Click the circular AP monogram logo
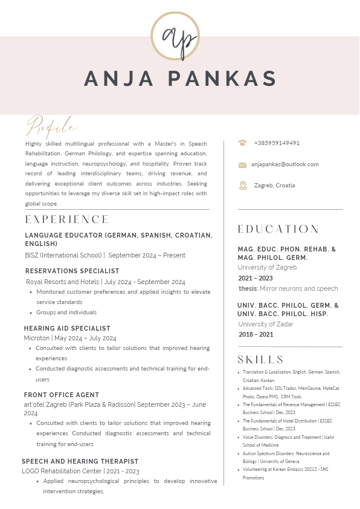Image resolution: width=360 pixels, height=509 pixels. [175, 36]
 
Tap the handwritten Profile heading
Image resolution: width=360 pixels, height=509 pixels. [51, 127]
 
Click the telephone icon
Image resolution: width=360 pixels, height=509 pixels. [243, 143]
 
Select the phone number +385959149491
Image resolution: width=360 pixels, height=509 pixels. [277, 143]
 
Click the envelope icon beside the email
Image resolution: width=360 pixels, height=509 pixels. [243, 164]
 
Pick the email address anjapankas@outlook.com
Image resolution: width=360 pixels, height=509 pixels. [284, 164]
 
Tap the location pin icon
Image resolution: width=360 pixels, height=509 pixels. [243, 186]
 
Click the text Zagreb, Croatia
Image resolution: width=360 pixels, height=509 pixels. [274, 186]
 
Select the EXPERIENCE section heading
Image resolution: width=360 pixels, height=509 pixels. [67, 219]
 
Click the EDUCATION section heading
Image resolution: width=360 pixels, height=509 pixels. [278, 229]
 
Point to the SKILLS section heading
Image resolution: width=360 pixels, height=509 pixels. [261, 360]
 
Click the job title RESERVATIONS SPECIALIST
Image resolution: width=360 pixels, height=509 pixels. [72, 271]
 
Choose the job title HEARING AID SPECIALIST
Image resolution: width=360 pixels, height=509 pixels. [67, 329]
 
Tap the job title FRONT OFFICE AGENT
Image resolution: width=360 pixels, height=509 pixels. [62, 395]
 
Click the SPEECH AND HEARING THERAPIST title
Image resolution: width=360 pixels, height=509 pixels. [80, 462]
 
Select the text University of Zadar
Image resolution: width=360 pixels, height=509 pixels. [266, 325]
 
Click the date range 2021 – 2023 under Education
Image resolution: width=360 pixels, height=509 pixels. [256, 279]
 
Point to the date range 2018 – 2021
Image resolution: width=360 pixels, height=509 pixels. [256, 335]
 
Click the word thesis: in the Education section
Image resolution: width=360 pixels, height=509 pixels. [248, 289]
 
